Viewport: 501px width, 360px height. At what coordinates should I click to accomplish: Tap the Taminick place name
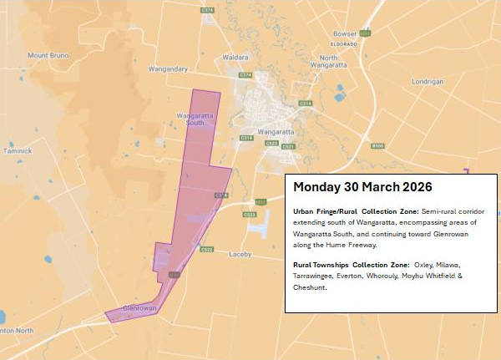tap(17, 151)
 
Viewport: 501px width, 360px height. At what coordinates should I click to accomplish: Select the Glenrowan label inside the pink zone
tap(129, 308)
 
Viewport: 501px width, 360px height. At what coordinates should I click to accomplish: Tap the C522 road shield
tap(207, 249)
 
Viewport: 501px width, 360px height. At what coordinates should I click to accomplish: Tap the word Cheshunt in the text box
tap(310, 287)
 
